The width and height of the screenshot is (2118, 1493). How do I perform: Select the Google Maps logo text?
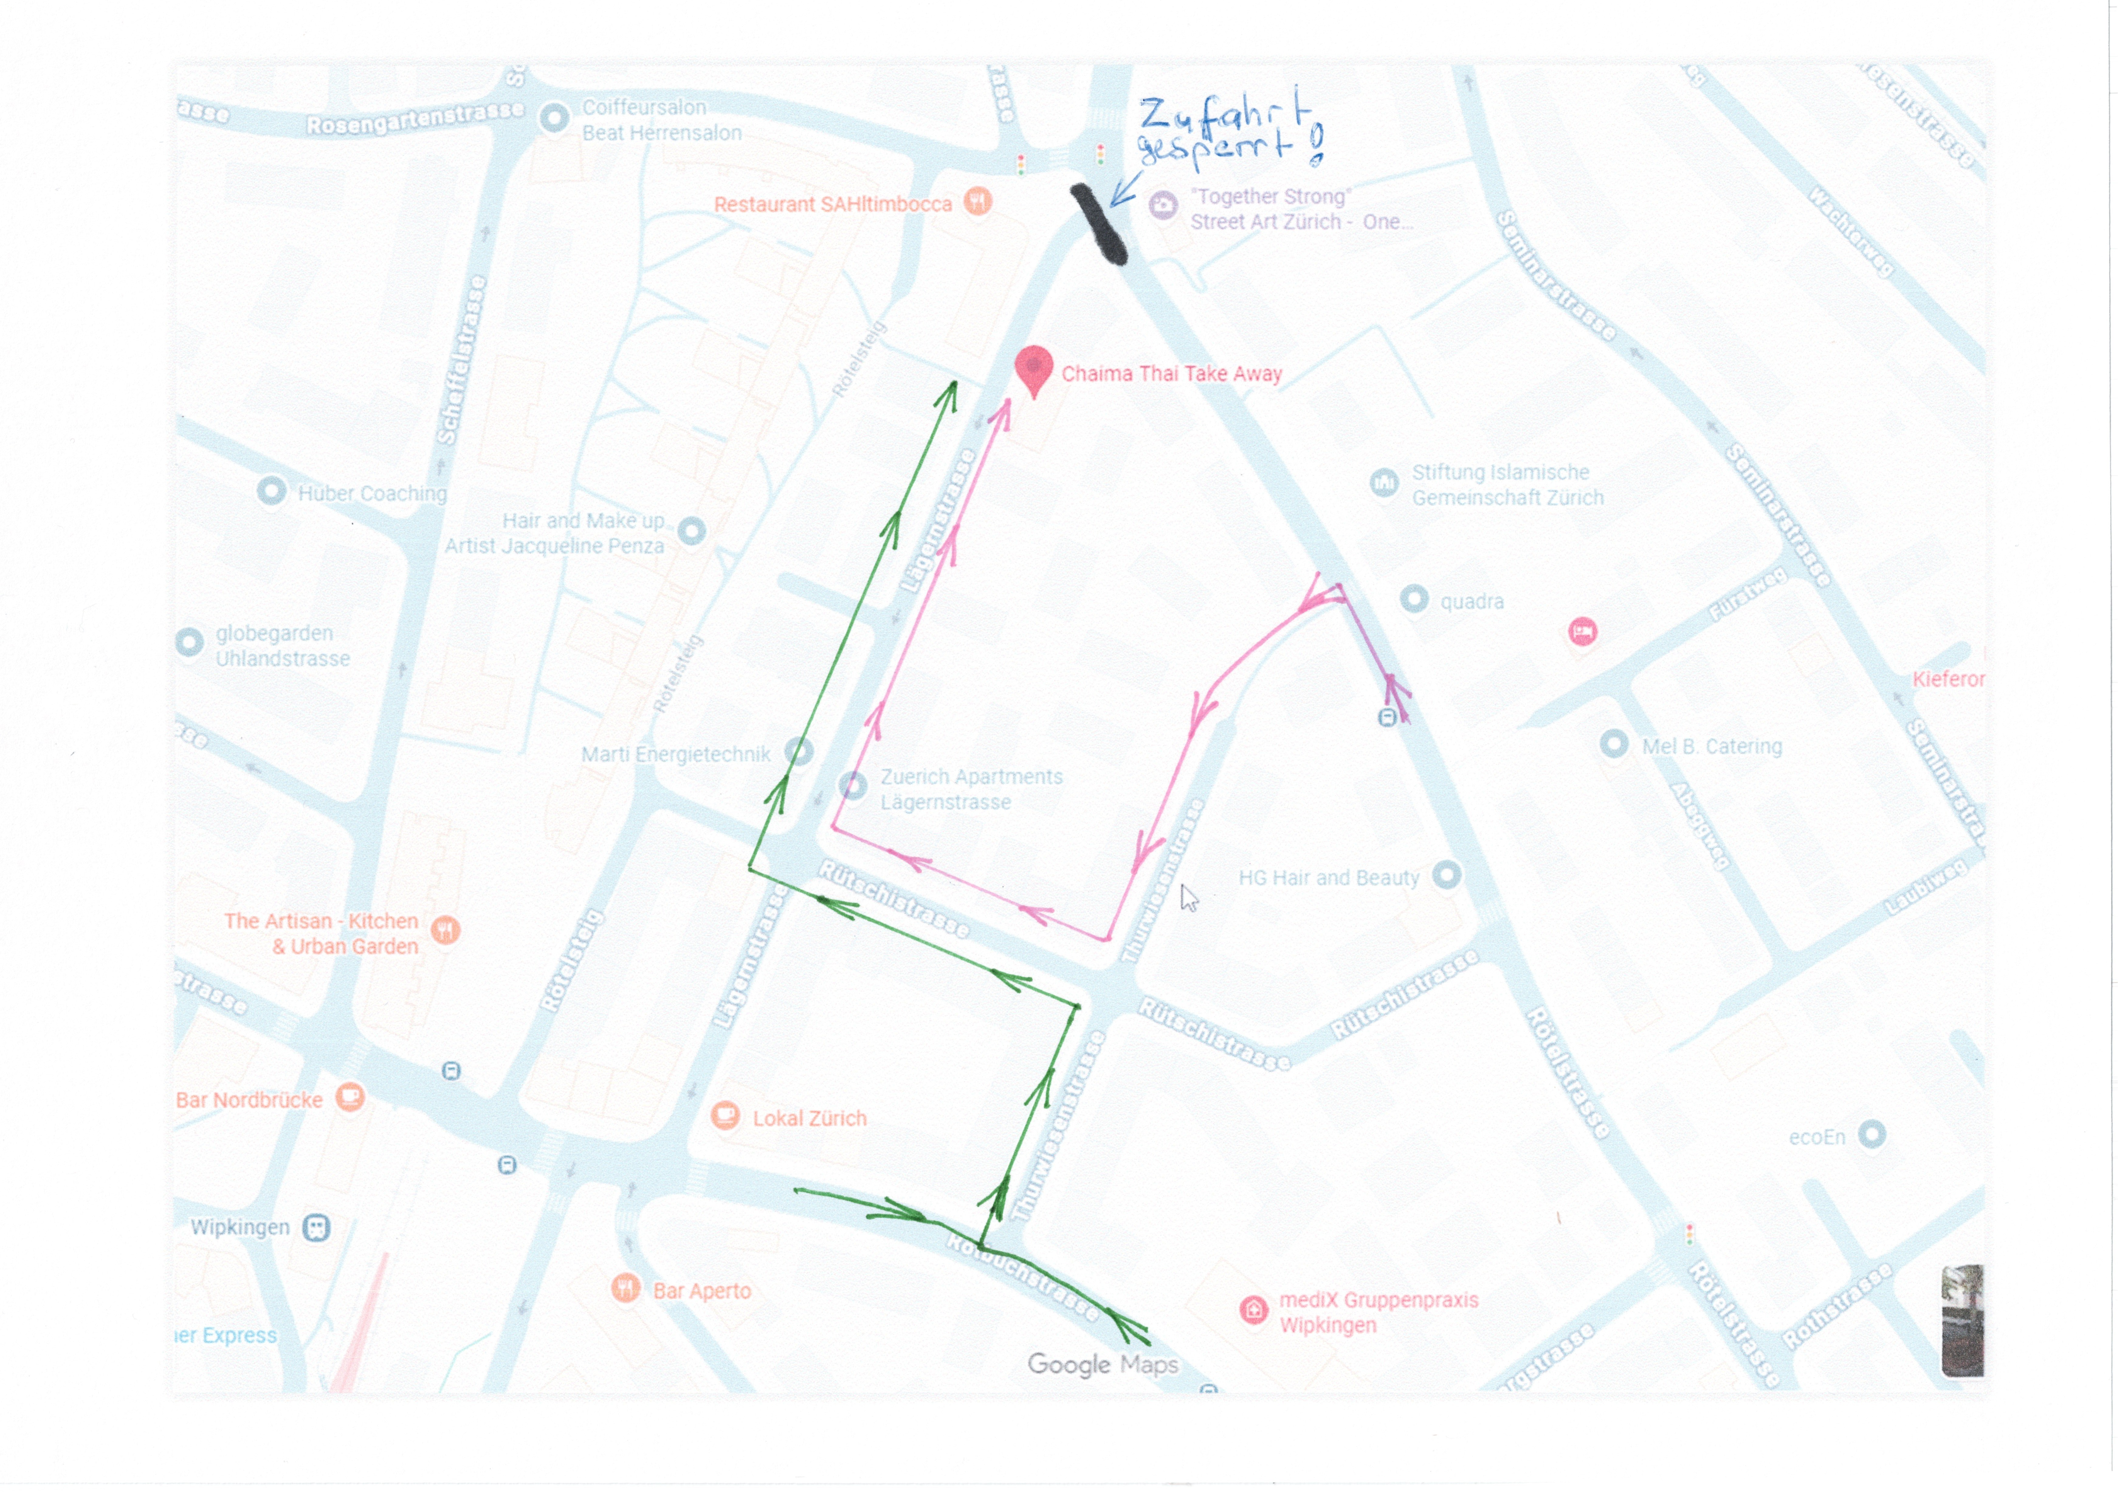coord(1102,1364)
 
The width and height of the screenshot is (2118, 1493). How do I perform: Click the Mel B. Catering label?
coord(1711,746)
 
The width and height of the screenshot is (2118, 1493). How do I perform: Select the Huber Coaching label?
coord(372,493)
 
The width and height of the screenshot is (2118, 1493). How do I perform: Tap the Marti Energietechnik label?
coord(675,754)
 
